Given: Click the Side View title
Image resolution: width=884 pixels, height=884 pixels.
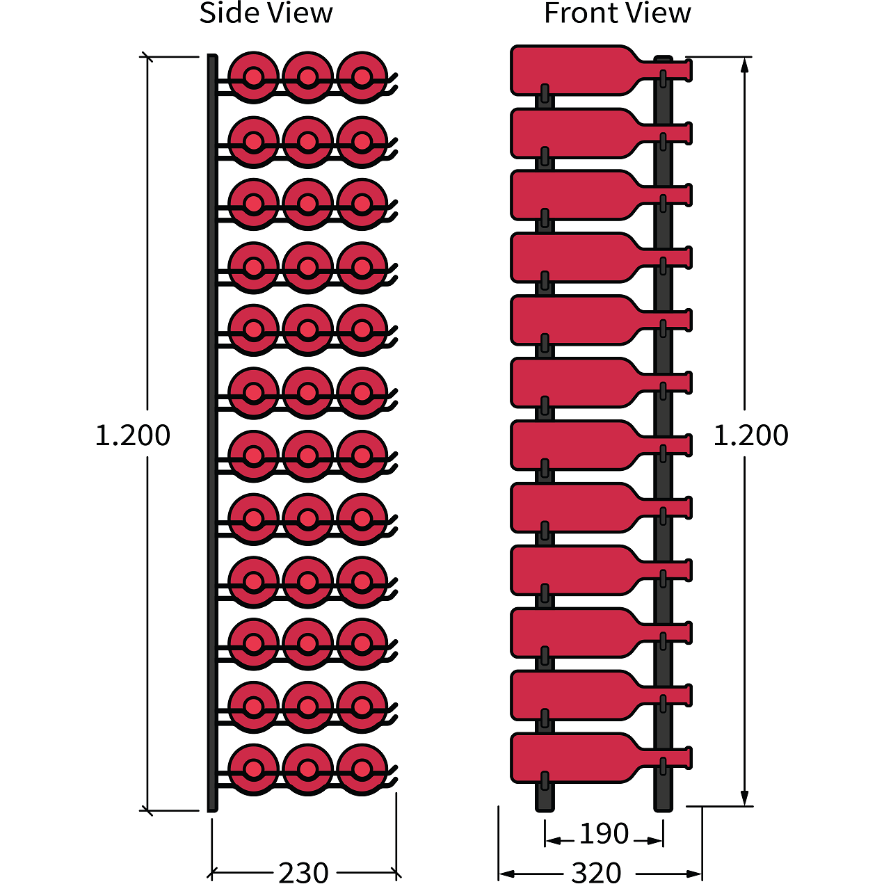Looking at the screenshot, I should (266, 14).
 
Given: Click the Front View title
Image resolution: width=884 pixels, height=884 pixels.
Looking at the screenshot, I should (617, 14).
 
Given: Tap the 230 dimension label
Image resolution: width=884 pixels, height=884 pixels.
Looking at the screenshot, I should (303, 871).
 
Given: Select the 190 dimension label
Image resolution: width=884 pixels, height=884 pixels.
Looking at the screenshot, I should (604, 833).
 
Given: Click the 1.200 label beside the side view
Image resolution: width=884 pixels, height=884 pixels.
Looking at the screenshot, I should (132, 435).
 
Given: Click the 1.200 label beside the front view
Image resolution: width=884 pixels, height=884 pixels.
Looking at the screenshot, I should (751, 435).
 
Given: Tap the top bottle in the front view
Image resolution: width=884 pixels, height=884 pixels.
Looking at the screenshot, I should (577, 70).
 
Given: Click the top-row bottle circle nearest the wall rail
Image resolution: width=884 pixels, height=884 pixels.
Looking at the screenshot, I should (253, 77).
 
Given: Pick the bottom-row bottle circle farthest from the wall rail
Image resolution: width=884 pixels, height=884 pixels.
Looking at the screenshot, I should (362, 769).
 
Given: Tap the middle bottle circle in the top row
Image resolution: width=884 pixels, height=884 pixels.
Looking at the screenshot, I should (307, 77).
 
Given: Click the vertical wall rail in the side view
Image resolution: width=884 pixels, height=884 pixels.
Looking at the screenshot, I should (212, 431).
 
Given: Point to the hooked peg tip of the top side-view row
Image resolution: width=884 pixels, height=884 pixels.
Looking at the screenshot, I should (394, 78).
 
